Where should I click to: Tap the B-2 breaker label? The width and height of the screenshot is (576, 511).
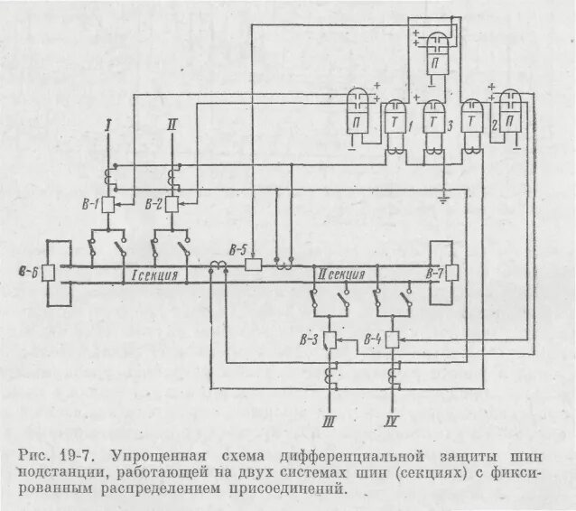[153, 205]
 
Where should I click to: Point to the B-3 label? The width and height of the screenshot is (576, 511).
[307, 339]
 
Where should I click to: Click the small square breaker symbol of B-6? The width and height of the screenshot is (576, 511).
[50, 272]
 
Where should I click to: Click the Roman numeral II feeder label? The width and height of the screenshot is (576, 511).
[172, 127]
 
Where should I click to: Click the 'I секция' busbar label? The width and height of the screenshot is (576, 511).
[154, 274]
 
